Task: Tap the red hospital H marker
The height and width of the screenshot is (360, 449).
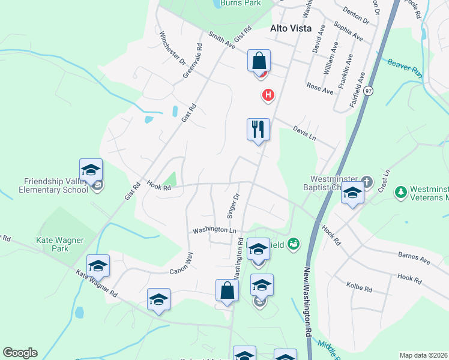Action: [x=268, y=95]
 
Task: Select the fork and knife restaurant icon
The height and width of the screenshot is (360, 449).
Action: [x=258, y=129]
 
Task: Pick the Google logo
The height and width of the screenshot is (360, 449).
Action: [x=20, y=353]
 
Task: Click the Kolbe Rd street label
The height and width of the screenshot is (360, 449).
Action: [x=359, y=289]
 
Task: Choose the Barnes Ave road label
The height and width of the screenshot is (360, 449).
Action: [x=414, y=259]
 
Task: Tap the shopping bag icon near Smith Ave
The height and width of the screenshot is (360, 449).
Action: [x=259, y=61]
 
